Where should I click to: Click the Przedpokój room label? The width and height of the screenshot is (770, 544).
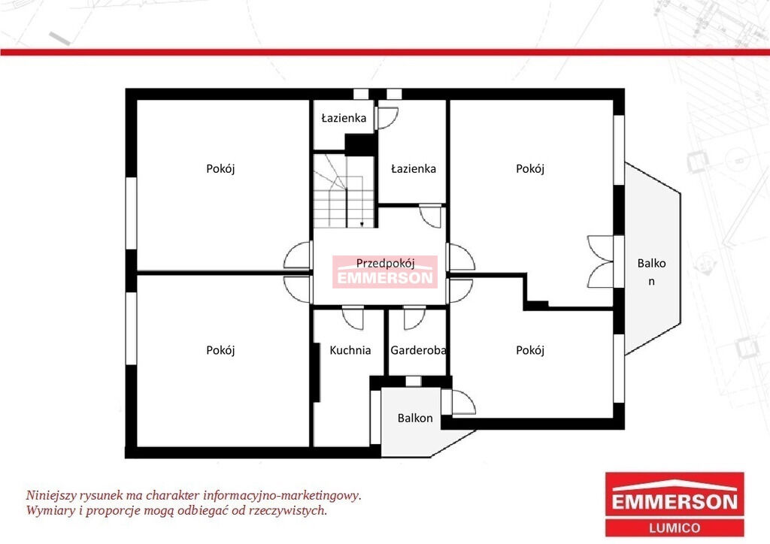click(x=386, y=263)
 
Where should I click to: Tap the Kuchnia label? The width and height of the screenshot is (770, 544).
click(x=350, y=350)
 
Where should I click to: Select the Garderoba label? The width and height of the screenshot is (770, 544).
click(x=418, y=350)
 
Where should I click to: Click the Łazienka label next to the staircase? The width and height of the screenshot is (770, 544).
click(x=414, y=169)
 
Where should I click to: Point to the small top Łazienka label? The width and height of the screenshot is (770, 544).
click(x=344, y=118)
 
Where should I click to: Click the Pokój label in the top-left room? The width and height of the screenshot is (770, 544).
click(x=220, y=169)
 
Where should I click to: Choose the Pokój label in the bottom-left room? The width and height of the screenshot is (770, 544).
click(x=220, y=350)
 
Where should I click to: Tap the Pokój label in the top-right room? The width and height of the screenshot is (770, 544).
click(x=530, y=169)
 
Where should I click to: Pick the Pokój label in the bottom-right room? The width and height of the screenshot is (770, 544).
click(x=530, y=350)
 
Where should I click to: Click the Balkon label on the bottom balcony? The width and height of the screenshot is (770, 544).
click(x=415, y=418)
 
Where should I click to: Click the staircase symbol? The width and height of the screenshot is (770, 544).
click(x=344, y=191)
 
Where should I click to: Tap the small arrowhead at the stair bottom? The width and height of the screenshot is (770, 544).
click(x=362, y=224)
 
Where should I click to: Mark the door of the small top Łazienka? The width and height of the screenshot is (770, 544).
click(x=387, y=118)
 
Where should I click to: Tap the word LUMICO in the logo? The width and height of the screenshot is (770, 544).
click(x=675, y=527)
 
